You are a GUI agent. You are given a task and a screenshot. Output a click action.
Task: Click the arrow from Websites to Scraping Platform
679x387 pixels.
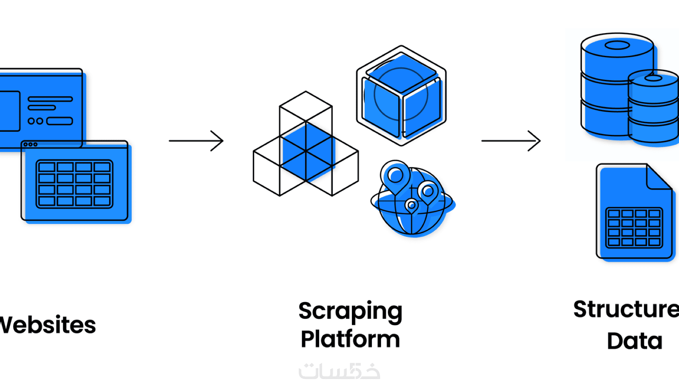click(x=196, y=141)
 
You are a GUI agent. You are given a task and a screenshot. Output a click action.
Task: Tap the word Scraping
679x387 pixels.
click(x=350, y=312)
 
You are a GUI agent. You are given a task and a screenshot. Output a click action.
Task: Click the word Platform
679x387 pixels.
click(x=350, y=339)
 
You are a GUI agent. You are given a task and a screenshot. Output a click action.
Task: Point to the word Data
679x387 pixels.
click(x=634, y=341)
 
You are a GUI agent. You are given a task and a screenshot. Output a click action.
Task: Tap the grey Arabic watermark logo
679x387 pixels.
click(x=339, y=371)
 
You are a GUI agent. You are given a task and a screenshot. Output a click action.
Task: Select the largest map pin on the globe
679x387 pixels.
click(x=395, y=176)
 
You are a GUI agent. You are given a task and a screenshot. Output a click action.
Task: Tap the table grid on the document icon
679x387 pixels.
click(x=634, y=228)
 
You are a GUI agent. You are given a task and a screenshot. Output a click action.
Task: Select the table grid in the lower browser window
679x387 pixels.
click(x=74, y=184)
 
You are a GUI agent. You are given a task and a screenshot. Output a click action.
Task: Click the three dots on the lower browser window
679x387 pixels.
click(x=30, y=144)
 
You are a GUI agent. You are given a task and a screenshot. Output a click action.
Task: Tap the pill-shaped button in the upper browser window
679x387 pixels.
click(x=60, y=121)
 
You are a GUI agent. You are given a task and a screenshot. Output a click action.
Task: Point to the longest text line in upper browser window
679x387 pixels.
click(x=50, y=99)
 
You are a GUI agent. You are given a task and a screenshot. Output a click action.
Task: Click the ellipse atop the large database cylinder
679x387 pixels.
click(x=617, y=45)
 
